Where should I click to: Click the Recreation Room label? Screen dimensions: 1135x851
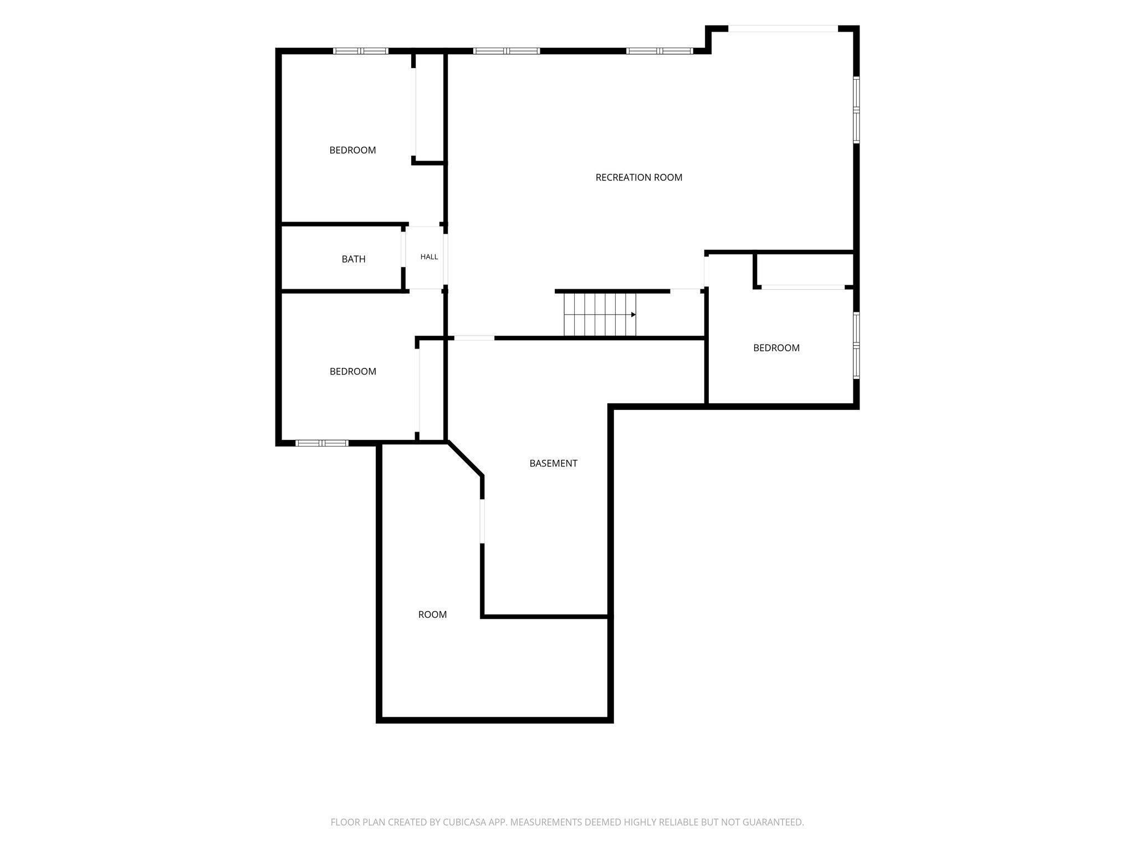(x=638, y=177)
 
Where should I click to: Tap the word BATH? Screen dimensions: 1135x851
(x=354, y=259)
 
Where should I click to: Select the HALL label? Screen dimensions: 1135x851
(x=429, y=257)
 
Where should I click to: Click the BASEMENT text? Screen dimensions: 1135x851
(x=553, y=463)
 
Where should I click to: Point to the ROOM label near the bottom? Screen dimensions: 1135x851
(x=432, y=614)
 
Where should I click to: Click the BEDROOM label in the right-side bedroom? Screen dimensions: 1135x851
(x=776, y=348)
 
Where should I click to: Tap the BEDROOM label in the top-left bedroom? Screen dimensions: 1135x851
(x=352, y=150)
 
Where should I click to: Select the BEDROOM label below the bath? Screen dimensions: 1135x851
(x=353, y=371)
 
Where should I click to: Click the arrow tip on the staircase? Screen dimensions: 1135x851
(x=635, y=315)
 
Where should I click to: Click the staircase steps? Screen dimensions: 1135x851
(x=600, y=315)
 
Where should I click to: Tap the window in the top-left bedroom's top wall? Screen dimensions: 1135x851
(x=361, y=51)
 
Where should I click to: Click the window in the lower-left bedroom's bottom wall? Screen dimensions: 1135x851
(x=322, y=443)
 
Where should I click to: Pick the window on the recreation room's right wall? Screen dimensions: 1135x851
(x=856, y=110)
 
